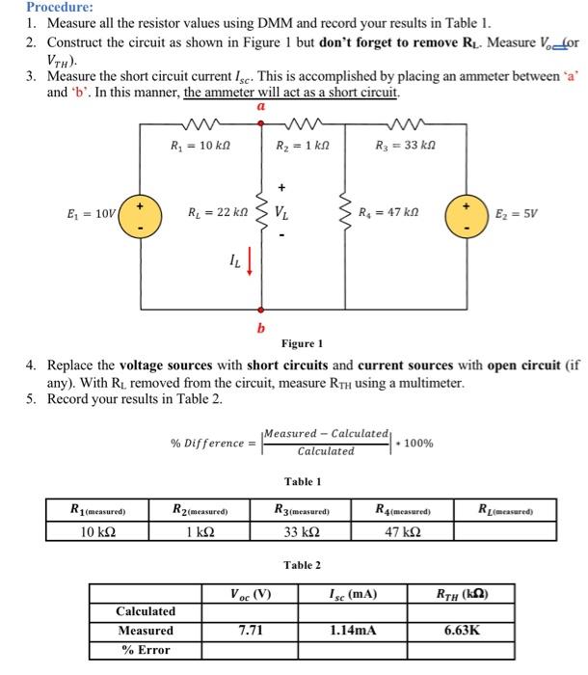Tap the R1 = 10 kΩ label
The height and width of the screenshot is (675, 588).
click(189, 147)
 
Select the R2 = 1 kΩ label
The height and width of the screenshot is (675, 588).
click(296, 147)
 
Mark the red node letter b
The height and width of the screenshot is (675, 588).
click(259, 328)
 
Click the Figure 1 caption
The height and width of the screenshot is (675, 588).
click(302, 344)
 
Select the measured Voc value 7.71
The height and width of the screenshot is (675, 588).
click(252, 631)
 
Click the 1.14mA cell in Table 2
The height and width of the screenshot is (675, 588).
click(352, 631)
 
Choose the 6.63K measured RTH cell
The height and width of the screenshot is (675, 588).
click(462, 631)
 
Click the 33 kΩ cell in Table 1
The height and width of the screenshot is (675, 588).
click(301, 531)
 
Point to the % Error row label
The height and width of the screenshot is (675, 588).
click(146, 650)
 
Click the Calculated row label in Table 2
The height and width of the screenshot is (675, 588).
click(146, 611)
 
